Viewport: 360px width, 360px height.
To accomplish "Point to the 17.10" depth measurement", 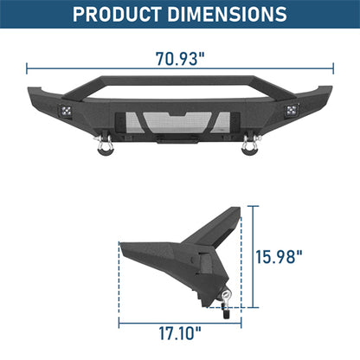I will [181, 331].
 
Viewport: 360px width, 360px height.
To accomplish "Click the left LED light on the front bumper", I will [65, 109].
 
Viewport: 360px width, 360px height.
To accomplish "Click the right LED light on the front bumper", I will [292, 110].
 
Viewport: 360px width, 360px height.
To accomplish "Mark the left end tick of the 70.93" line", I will [27, 67].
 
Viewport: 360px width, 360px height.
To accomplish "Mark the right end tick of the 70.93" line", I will [332, 67].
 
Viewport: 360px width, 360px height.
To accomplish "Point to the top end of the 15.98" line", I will [254, 206].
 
